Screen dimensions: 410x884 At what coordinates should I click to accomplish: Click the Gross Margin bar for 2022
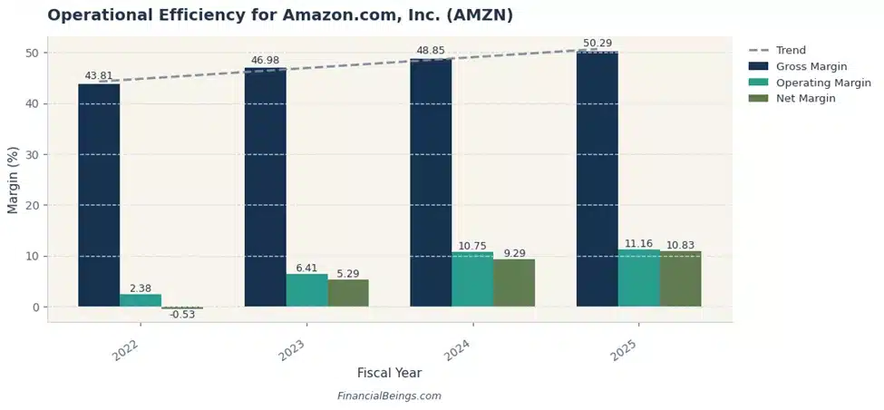click(99, 195)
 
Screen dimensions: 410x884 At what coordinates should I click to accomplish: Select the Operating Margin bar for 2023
click(306, 290)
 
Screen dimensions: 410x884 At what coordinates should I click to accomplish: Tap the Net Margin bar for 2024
click(514, 283)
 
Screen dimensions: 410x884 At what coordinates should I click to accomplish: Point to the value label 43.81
click(98, 76)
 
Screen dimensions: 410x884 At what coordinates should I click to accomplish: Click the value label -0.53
click(182, 315)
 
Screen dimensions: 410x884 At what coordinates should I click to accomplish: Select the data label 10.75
click(472, 246)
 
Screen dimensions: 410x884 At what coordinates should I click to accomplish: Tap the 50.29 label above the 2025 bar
click(597, 44)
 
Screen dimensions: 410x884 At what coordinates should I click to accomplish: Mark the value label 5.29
click(348, 273)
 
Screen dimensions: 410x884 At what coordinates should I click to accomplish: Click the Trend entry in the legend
click(790, 50)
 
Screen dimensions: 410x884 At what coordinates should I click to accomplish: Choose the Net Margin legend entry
click(805, 99)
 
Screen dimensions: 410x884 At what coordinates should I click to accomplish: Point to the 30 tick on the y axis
click(34, 154)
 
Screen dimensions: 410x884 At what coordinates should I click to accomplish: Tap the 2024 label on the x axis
click(457, 349)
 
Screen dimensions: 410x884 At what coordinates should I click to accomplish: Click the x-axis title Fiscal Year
click(389, 373)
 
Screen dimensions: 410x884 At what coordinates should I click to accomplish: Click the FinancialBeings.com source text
click(389, 396)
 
